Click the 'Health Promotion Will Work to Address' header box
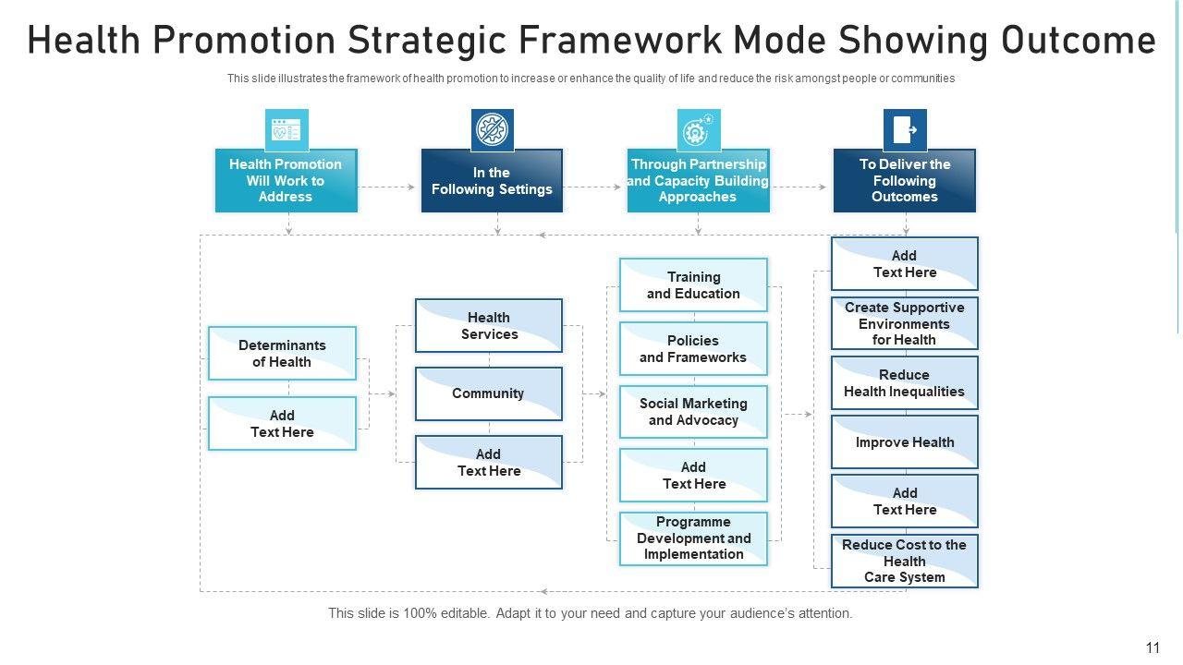[286, 181]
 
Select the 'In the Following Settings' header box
[492, 181]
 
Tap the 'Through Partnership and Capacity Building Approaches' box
[698, 181]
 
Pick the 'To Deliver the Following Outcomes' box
[904, 181]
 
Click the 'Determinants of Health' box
[282, 354]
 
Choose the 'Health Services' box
[489, 326]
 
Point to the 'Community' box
[488, 393]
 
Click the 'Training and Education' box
[693, 285]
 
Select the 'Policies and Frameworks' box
[693, 349]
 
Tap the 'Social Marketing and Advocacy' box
[693, 412]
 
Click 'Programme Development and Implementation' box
[693, 538]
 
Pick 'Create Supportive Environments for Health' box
[904, 323]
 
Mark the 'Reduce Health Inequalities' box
[904, 383]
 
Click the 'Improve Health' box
[904, 442]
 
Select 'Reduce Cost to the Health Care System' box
[904, 561]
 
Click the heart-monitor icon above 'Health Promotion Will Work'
[287, 130]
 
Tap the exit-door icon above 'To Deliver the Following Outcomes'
[905, 130]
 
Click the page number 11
[1152, 647]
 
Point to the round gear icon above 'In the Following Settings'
[493, 130]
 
